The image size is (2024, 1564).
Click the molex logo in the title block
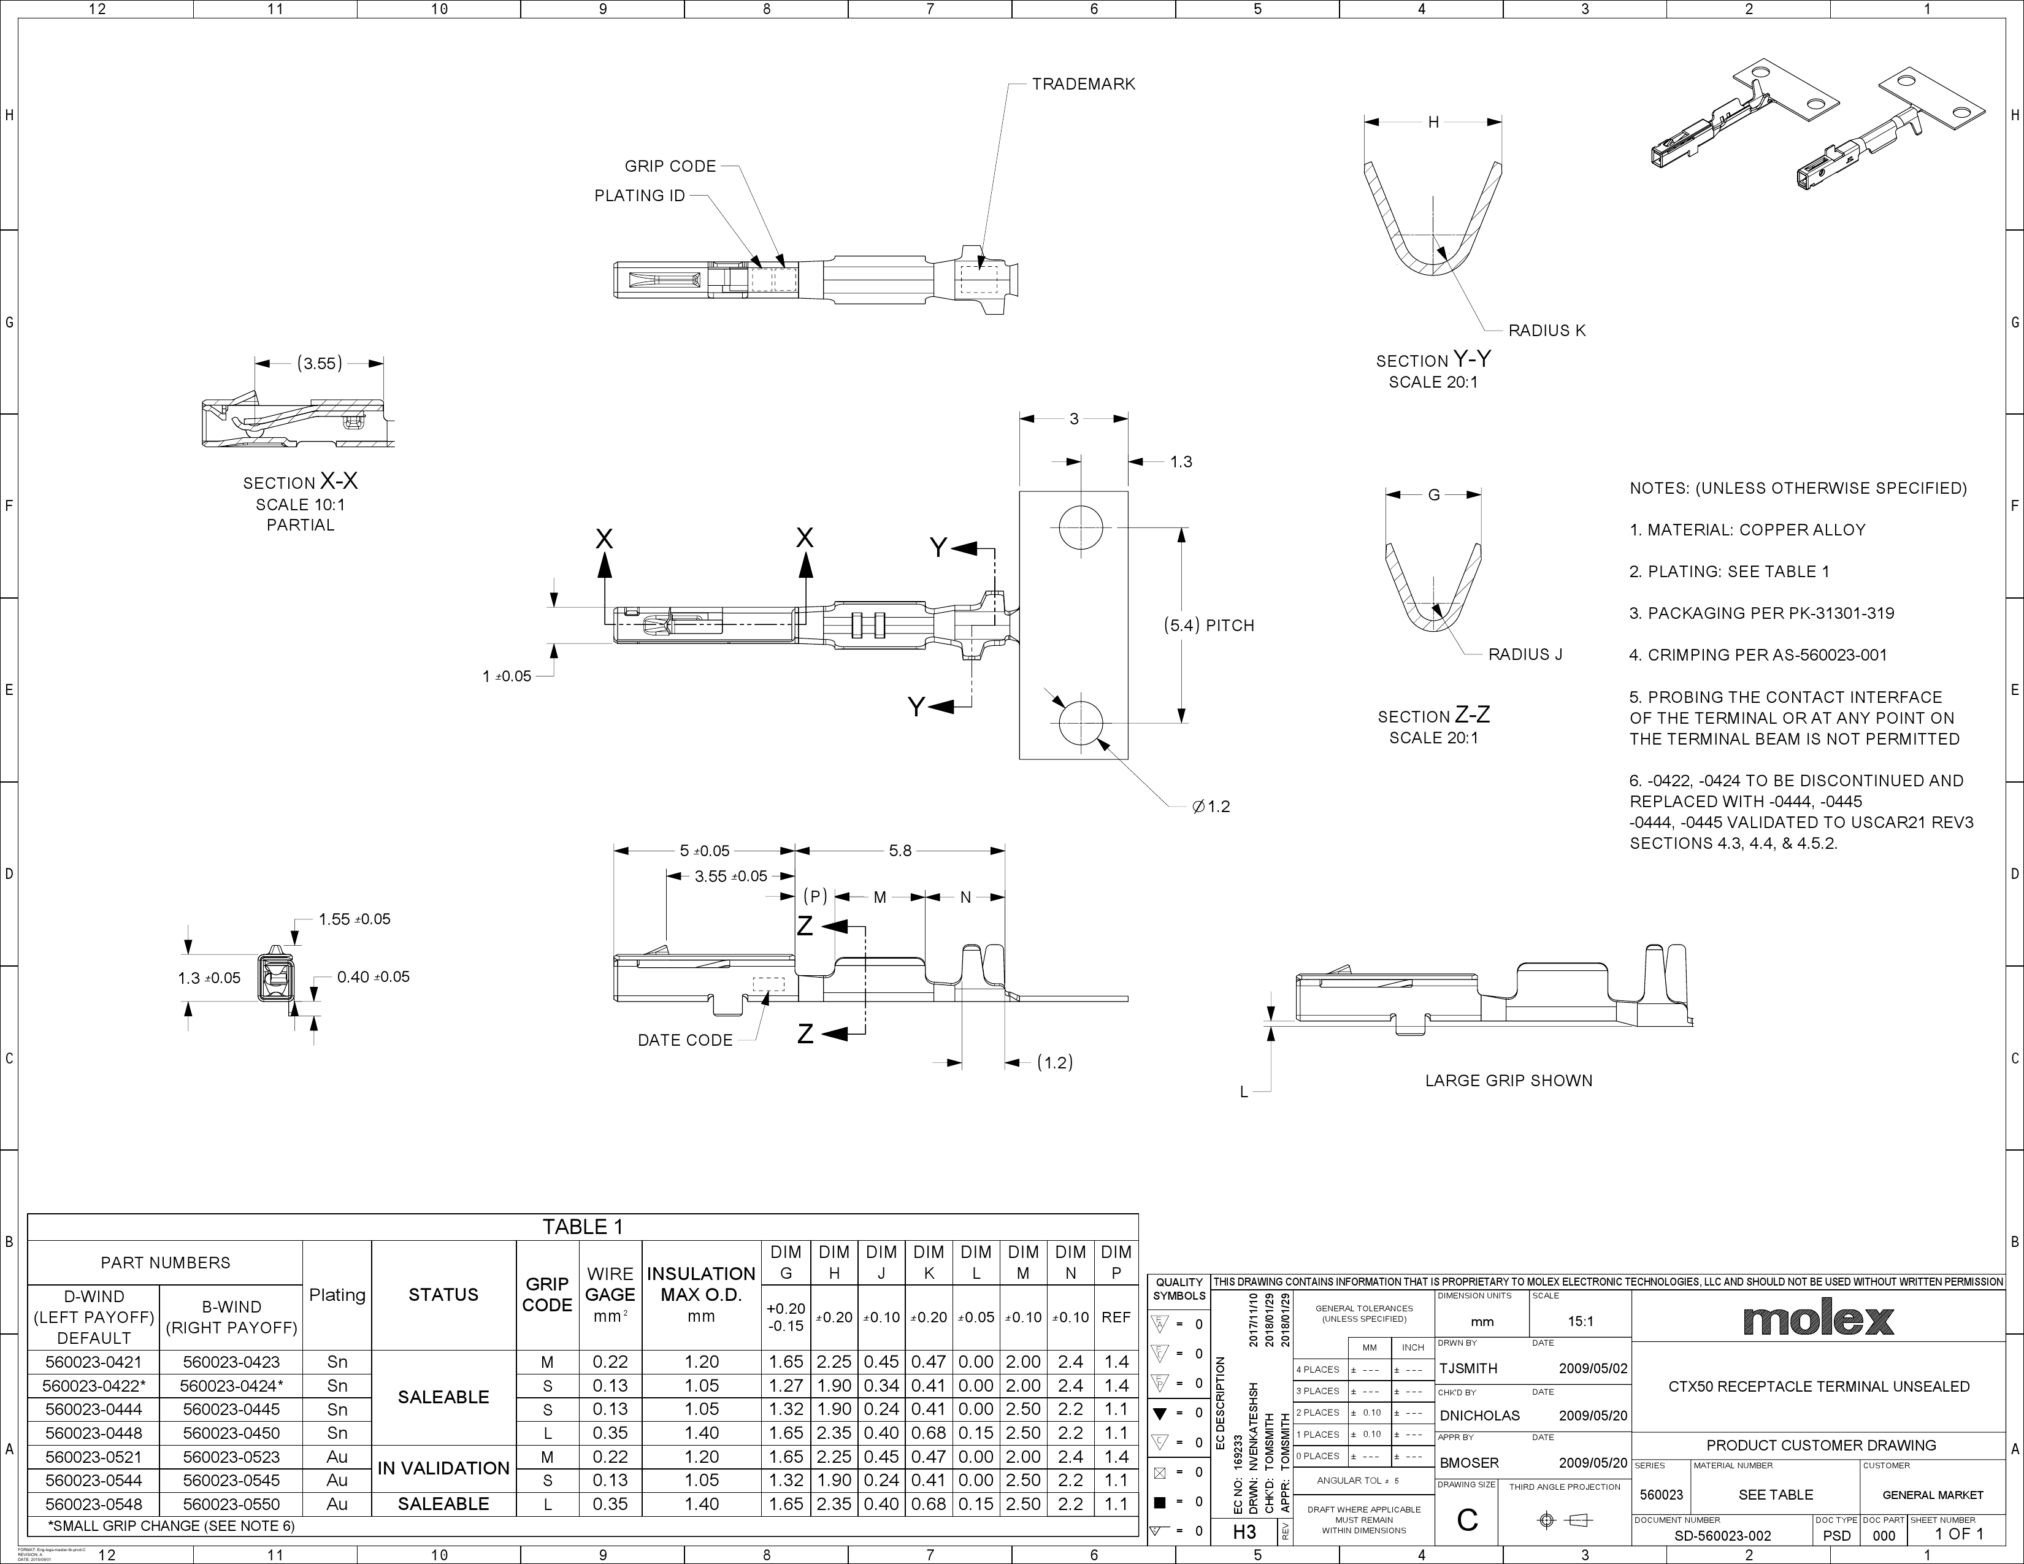tap(1817, 1319)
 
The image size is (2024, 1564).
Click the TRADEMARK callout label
tap(1083, 84)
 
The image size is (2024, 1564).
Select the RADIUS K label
tap(1547, 330)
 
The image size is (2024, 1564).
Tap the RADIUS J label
tap(1525, 654)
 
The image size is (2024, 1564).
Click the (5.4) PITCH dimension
tap(1208, 626)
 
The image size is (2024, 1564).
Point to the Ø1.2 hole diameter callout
tap(1211, 806)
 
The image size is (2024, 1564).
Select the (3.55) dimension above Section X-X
tap(320, 363)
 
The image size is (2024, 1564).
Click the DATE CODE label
tap(685, 1040)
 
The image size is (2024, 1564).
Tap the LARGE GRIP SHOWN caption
tap(1508, 1080)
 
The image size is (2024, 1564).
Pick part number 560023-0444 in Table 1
tap(94, 1409)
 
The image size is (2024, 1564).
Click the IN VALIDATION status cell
tap(443, 1468)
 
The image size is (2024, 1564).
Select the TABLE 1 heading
tap(583, 1227)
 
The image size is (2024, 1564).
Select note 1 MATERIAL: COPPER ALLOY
tap(1747, 530)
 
